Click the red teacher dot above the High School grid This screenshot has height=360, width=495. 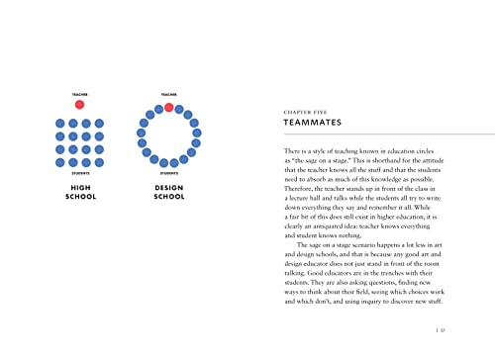(79, 104)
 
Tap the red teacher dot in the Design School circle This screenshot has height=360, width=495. (169, 107)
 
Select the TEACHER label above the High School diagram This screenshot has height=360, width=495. (79, 94)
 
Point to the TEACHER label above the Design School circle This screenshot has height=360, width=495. (168, 94)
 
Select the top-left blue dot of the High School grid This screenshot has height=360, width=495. (60, 124)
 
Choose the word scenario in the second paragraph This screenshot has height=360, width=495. (360, 247)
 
